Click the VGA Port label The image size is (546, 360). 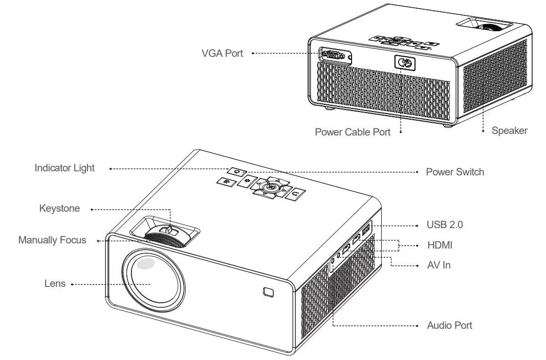click(x=222, y=53)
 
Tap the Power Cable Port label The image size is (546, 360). click(x=353, y=132)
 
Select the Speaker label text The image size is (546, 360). click(x=509, y=130)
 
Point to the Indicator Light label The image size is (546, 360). click(x=64, y=168)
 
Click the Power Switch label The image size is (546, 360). click(x=454, y=172)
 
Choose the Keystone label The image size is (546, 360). click(x=59, y=208)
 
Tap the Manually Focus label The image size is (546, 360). click(x=52, y=240)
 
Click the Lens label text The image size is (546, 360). click(x=55, y=283)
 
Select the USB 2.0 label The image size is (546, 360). click(x=445, y=224)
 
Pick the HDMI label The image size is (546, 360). click(x=440, y=245)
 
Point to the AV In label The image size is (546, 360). click(x=439, y=265)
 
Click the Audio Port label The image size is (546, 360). click(x=449, y=325)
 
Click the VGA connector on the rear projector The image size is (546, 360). click(x=335, y=56)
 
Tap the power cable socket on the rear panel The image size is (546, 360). click(x=405, y=63)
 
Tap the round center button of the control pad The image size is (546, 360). click(x=269, y=188)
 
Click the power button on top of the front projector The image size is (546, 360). click(x=236, y=172)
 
